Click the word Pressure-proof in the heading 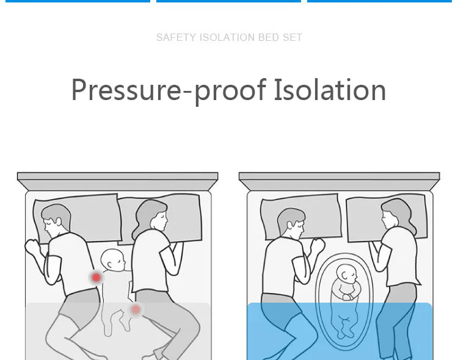coord(169,90)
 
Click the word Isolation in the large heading coord(330,90)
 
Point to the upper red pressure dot coord(96,278)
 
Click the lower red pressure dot coord(136,309)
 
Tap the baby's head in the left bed coord(113,260)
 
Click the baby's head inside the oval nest coord(347,274)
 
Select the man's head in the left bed coord(56,220)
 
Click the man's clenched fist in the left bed coord(32,247)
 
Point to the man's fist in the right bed coord(317,245)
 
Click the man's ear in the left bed coord(59,221)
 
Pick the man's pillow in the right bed coord(301,216)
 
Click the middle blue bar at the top coord(229,1)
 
